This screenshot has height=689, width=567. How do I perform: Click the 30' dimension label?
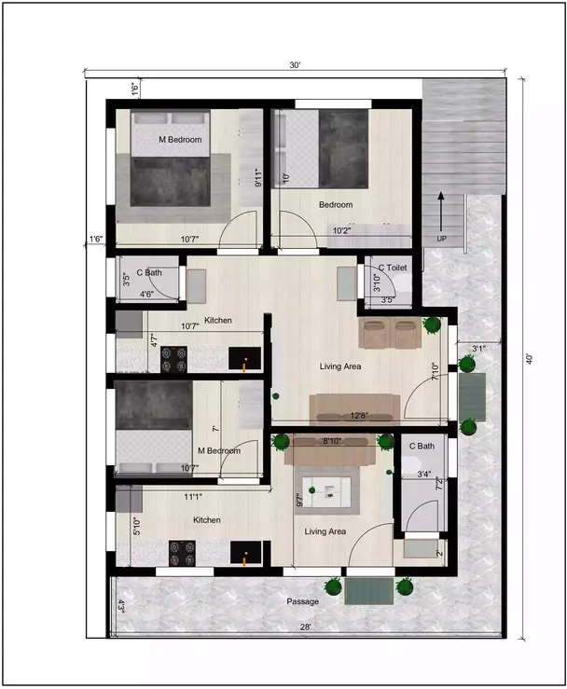click(295, 65)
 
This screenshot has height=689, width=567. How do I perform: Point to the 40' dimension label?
click(528, 357)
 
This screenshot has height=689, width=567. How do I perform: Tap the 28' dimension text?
click(307, 627)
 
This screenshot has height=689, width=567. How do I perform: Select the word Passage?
click(303, 601)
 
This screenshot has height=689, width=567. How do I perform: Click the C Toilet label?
click(393, 268)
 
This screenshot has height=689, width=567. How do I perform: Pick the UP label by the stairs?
click(441, 239)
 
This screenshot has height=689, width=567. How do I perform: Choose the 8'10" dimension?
click(331, 441)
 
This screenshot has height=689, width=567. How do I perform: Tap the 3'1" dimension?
click(479, 349)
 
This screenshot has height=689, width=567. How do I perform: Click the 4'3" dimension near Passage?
click(121, 604)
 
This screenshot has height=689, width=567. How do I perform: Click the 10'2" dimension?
click(343, 230)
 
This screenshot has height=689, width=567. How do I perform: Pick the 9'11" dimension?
click(258, 177)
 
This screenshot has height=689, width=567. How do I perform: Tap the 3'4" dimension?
click(423, 475)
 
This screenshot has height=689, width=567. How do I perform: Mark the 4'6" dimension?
click(147, 295)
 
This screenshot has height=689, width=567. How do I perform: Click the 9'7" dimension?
click(299, 498)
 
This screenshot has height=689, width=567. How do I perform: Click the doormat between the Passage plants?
click(368, 589)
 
